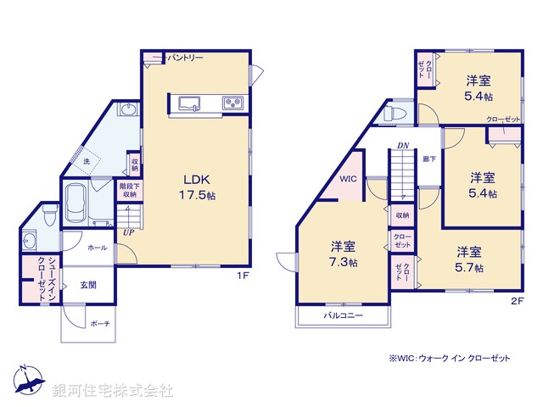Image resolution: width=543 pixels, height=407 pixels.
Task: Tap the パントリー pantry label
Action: [185, 58]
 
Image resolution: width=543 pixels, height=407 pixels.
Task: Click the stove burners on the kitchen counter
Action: [232, 103]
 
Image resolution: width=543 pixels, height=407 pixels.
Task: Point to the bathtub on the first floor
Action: [77, 201]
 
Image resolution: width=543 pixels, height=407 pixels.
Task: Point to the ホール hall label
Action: [97, 248]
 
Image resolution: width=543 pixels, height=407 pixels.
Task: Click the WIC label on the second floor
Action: [349, 180]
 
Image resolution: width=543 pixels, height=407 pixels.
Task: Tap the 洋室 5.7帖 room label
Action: [469, 259]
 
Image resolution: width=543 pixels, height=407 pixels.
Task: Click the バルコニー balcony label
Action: [343, 315]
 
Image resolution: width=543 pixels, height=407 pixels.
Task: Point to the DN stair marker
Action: [403, 146]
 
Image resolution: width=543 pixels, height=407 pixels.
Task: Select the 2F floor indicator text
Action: [516, 300]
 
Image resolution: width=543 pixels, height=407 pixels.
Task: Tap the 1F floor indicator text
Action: [242, 276]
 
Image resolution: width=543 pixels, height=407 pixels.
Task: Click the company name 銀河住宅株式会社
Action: [113, 391]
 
